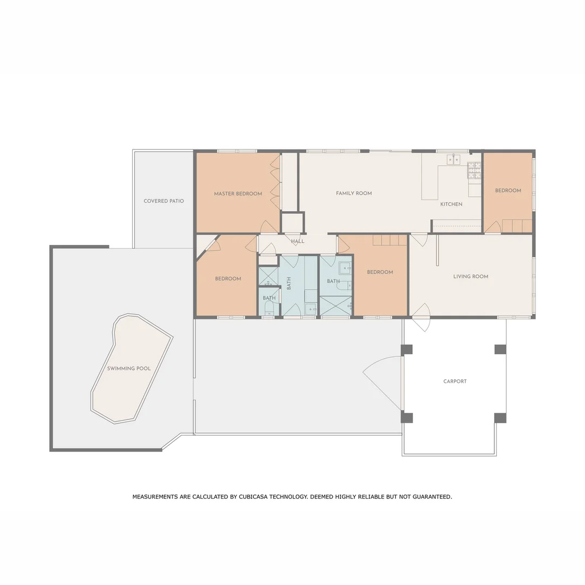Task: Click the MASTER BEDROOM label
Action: tap(238, 194)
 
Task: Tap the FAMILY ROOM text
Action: tap(354, 193)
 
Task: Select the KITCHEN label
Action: tap(451, 204)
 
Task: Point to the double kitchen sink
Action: tap(453, 159)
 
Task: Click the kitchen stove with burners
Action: tap(474, 170)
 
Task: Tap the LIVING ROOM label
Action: tap(471, 276)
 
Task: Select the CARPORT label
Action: tap(455, 381)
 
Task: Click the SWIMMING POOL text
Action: tap(129, 368)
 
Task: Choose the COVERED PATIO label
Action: tap(164, 201)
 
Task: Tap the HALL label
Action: tap(297, 241)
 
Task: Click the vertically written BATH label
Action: tap(289, 282)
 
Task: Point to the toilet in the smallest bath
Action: tap(269, 309)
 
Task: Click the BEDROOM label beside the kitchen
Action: tap(508, 191)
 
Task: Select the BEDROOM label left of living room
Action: tap(380, 272)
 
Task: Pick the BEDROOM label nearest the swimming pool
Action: tap(228, 278)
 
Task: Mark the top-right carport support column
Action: tap(500, 349)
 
